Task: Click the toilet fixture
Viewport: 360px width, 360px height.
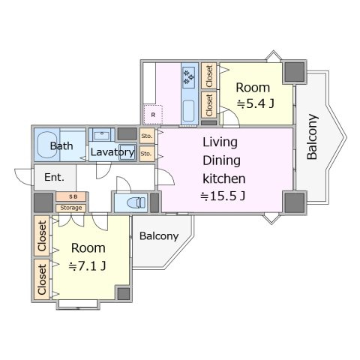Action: coord(136,202)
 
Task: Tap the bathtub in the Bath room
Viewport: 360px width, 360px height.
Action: coord(47,145)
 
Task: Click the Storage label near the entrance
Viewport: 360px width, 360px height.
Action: coord(71,208)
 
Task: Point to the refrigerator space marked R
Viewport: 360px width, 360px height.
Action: coord(153,115)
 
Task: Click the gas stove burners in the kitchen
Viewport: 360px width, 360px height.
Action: coord(189,77)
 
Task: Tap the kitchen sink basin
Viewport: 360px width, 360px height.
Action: coord(188,111)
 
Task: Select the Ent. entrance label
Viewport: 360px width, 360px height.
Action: coord(54,177)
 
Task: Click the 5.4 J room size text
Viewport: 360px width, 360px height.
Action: coord(255,103)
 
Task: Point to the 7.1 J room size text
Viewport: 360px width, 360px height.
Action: coord(87,266)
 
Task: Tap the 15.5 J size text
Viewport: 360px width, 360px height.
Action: coord(223,196)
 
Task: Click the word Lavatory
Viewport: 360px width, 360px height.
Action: coord(112,152)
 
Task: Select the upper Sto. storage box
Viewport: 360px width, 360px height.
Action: coord(147,136)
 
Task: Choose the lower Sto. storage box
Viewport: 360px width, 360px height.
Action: coord(147,154)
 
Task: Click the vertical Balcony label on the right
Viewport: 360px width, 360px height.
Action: coord(312,136)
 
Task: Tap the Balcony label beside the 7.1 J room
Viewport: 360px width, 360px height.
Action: coord(159,236)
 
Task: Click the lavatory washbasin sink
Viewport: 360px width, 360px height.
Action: coord(102,135)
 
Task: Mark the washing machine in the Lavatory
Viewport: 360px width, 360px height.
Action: coord(127,152)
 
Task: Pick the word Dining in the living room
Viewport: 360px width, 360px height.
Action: coord(221,160)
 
